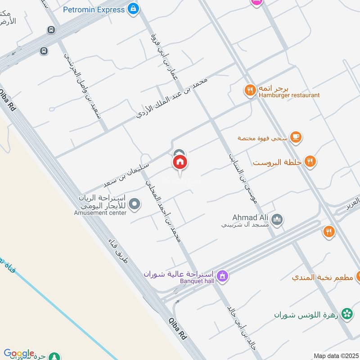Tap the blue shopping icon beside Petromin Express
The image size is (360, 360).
133,9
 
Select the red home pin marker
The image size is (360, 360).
180,163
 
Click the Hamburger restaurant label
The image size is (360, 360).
289,95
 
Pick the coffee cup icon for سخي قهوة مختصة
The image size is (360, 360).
296,137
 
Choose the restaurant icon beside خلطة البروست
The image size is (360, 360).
310,161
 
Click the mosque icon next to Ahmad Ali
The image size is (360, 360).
278,220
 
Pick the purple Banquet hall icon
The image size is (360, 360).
221,275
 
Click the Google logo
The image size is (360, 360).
19,353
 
